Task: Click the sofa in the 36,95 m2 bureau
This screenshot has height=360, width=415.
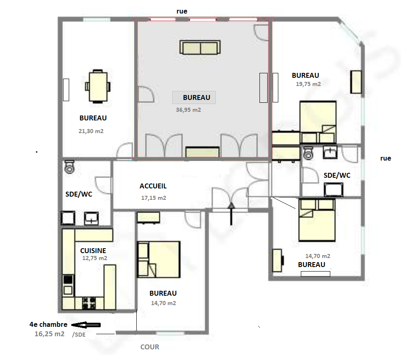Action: tap(200, 48)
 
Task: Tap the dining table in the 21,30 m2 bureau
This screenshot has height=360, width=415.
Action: tap(98, 86)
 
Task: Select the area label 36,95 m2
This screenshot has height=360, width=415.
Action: tap(188, 110)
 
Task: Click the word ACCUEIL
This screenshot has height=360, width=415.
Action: tap(153, 186)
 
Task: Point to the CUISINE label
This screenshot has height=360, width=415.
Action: tap(93, 251)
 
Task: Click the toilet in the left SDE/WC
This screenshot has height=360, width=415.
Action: tap(69, 167)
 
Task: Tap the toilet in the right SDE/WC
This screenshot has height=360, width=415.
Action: tap(308, 153)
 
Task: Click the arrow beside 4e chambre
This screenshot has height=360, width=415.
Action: tap(86, 325)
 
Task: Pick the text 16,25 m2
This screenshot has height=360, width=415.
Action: tap(50, 334)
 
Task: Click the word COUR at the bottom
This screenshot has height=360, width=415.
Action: tap(150, 347)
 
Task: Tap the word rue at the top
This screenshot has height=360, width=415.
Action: tap(182, 11)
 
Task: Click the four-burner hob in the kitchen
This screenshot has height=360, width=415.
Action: tap(89, 303)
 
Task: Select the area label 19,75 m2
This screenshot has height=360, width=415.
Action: tap(308, 84)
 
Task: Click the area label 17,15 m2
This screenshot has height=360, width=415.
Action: tap(153, 198)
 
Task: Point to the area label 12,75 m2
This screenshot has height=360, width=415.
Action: tap(95, 258)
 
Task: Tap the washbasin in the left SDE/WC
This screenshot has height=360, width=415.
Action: tap(91, 219)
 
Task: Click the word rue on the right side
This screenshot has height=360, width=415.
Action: tap(386, 158)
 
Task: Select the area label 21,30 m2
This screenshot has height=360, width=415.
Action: tap(91, 131)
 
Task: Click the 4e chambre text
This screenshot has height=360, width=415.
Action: tap(48, 324)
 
